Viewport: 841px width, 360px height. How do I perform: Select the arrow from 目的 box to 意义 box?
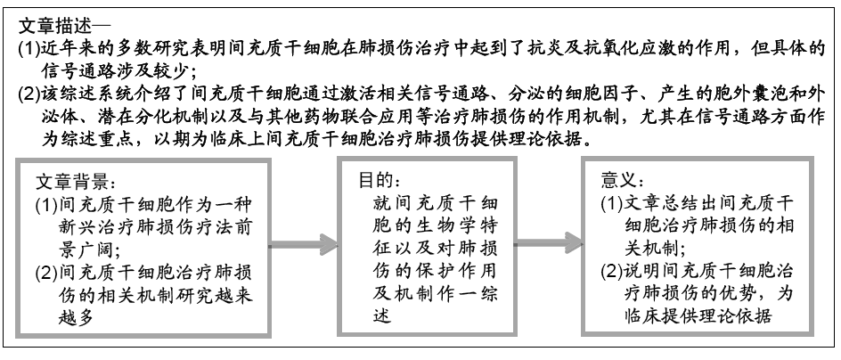click(x=549, y=243)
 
